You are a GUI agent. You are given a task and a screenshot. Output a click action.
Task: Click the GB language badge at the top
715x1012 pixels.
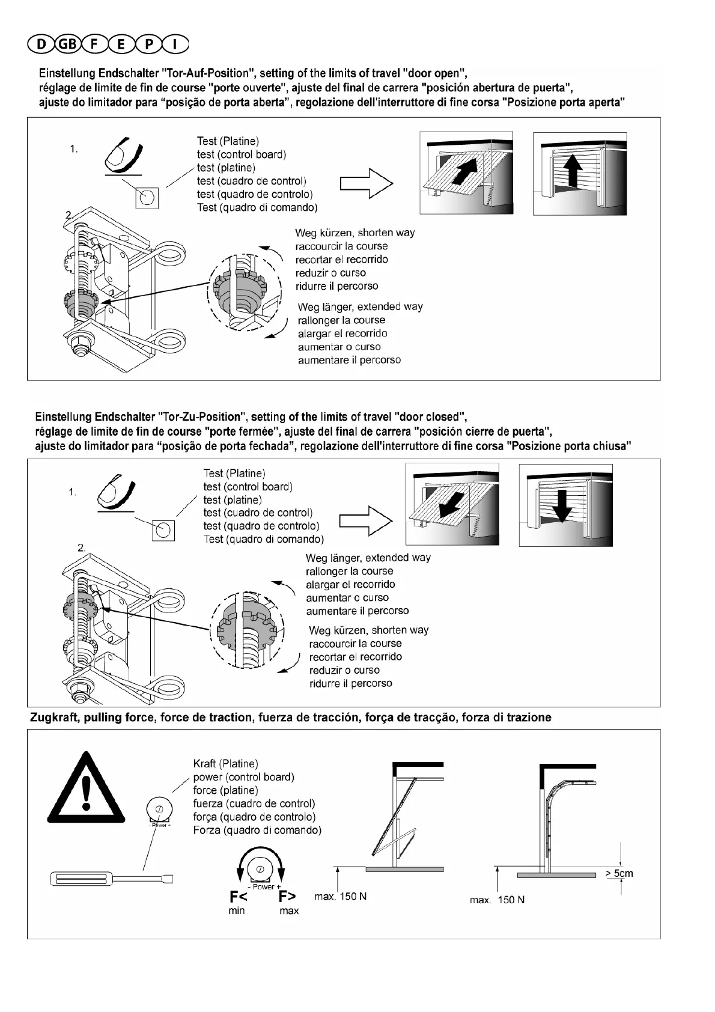(x=67, y=44)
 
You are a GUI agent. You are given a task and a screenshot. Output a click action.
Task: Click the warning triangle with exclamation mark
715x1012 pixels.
(x=86, y=790)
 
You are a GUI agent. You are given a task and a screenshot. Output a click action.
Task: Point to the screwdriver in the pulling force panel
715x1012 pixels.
(x=111, y=879)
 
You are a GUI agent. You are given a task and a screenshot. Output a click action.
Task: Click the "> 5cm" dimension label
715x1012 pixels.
(x=619, y=873)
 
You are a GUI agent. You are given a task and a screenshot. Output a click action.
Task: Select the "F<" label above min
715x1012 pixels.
(x=238, y=897)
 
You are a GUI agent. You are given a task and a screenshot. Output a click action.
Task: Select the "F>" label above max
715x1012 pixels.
(x=287, y=897)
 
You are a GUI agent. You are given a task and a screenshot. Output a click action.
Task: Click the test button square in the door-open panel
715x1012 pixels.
(x=147, y=197)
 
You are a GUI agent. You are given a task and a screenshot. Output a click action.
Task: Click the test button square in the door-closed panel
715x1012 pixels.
(x=162, y=530)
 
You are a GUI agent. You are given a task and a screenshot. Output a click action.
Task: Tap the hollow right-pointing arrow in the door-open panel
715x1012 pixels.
(x=367, y=183)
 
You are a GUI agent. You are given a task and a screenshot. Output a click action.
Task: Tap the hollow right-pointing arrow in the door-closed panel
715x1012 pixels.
(x=365, y=521)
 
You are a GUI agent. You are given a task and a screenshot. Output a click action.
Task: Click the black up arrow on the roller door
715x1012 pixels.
(x=574, y=171)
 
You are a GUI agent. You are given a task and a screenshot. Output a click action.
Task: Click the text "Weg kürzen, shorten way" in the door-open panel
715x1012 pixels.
(x=354, y=233)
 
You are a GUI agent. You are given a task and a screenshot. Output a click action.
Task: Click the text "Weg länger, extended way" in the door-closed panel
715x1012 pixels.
(x=368, y=558)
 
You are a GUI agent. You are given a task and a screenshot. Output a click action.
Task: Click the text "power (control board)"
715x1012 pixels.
(x=243, y=777)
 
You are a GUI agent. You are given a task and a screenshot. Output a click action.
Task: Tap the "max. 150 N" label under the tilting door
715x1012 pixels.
(x=340, y=897)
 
